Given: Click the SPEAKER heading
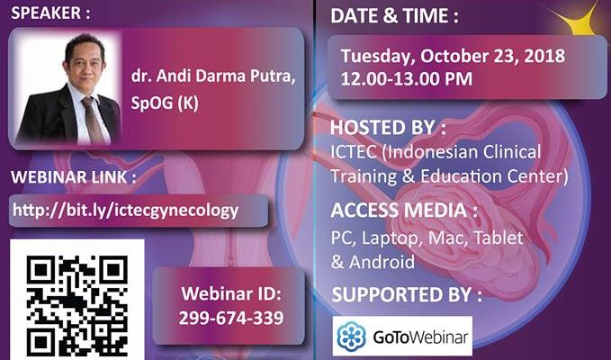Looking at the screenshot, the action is pyautogui.click(x=50, y=13).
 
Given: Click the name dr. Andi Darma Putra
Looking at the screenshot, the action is pyautogui.click(x=213, y=76).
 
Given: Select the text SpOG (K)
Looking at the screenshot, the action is pyautogui.click(x=165, y=103).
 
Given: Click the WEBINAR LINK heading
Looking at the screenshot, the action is pyautogui.click(x=73, y=177).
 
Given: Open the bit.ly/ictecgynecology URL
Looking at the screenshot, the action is pyautogui.click(x=125, y=211).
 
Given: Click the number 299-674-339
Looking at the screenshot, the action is pyautogui.click(x=231, y=318).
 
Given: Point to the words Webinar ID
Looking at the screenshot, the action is pyautogui.click(x=231, y=293).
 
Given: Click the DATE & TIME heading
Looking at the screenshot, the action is pyautogui.click(x=394, y=16).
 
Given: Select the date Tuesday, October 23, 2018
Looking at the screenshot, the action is pyautogui.click(x=453, y=57).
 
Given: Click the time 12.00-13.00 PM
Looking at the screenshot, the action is pyautogui.click(x=407, y=79).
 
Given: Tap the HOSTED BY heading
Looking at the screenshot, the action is pyautogui.click(x=388, y=128).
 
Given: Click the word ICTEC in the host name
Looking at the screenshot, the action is pyautogui.click(x=354, y=151).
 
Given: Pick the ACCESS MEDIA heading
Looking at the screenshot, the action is pyautogui.click(x=404, y=211).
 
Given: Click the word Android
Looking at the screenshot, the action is pyautogui.click(x=382, y=262).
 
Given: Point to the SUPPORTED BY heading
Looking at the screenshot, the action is pyautogui.click(x=407, y=295).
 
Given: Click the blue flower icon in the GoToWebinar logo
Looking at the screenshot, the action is pyautogui.click(x=352, y=337).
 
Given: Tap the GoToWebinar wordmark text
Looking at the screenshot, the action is pyautogui.click(x=420, y=337).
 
